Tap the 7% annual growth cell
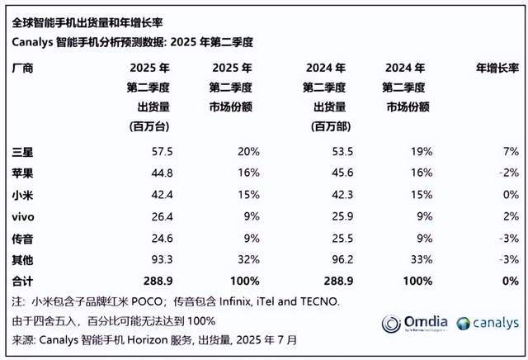pos(510,151)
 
